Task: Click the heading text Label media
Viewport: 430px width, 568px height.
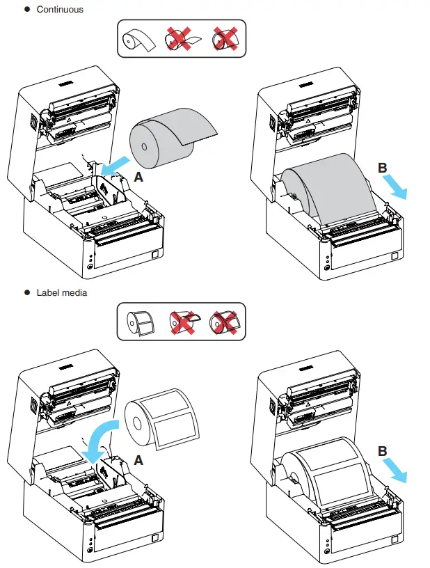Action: pyautogui.click(x=62, y=292)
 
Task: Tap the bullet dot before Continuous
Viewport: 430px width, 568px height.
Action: pyautogui.click(x=26, y=9)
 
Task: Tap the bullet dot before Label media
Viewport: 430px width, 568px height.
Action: pyautogui.click(x=26, y=292)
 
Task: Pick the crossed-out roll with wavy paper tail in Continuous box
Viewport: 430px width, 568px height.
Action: pyautogui.click(x=180, y=41)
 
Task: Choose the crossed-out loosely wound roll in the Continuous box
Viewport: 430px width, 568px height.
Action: pyautogui.click(x=225, y=41)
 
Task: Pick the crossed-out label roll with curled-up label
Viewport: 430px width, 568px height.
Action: pyautogui.click(x=181, y=322)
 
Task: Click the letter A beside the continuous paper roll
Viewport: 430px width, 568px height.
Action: pyautogui.click(x=139, y=177)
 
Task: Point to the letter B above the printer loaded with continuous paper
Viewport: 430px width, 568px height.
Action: pyautogui.click(x=382, y=168)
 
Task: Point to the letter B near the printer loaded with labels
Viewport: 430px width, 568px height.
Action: pyautogui.click(x=382, y=452)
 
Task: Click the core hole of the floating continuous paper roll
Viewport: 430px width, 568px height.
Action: pyautogui.click(x=143, y=147)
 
